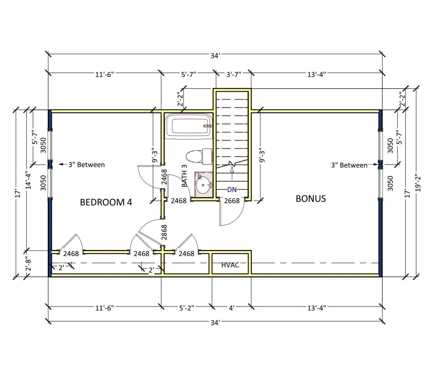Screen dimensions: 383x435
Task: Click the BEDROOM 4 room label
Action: coord(106,202)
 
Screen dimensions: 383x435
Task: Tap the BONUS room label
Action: coord(311,198)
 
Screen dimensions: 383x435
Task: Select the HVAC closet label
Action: coord(230,265)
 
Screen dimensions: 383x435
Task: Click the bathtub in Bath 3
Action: coord(188,126)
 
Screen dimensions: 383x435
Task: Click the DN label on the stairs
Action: coord(232,190)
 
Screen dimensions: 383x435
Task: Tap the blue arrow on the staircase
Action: coord(232,172)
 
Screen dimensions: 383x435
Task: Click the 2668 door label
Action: coord(232,201)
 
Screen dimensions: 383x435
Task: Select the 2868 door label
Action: coord(164,232)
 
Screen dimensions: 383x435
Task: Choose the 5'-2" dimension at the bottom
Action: coord(186,308)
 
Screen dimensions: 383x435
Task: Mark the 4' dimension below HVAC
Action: coord(231,308)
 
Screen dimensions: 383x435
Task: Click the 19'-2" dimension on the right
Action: coord(418,183)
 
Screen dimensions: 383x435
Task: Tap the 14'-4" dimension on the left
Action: coord(28,181)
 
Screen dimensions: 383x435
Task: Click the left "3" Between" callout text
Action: coord(86,165)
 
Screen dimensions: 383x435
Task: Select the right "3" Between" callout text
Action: coord(349,165)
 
